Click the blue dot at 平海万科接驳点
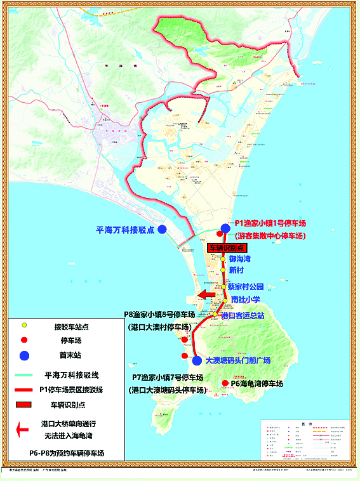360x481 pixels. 163,229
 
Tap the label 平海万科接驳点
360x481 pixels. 125,230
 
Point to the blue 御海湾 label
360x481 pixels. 240,259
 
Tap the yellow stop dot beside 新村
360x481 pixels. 223,270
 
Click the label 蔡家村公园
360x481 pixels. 245,286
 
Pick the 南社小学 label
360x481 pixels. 246,299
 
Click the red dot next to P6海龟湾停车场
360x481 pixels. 225,383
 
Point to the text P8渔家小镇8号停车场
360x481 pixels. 159,314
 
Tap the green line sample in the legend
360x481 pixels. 23,376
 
